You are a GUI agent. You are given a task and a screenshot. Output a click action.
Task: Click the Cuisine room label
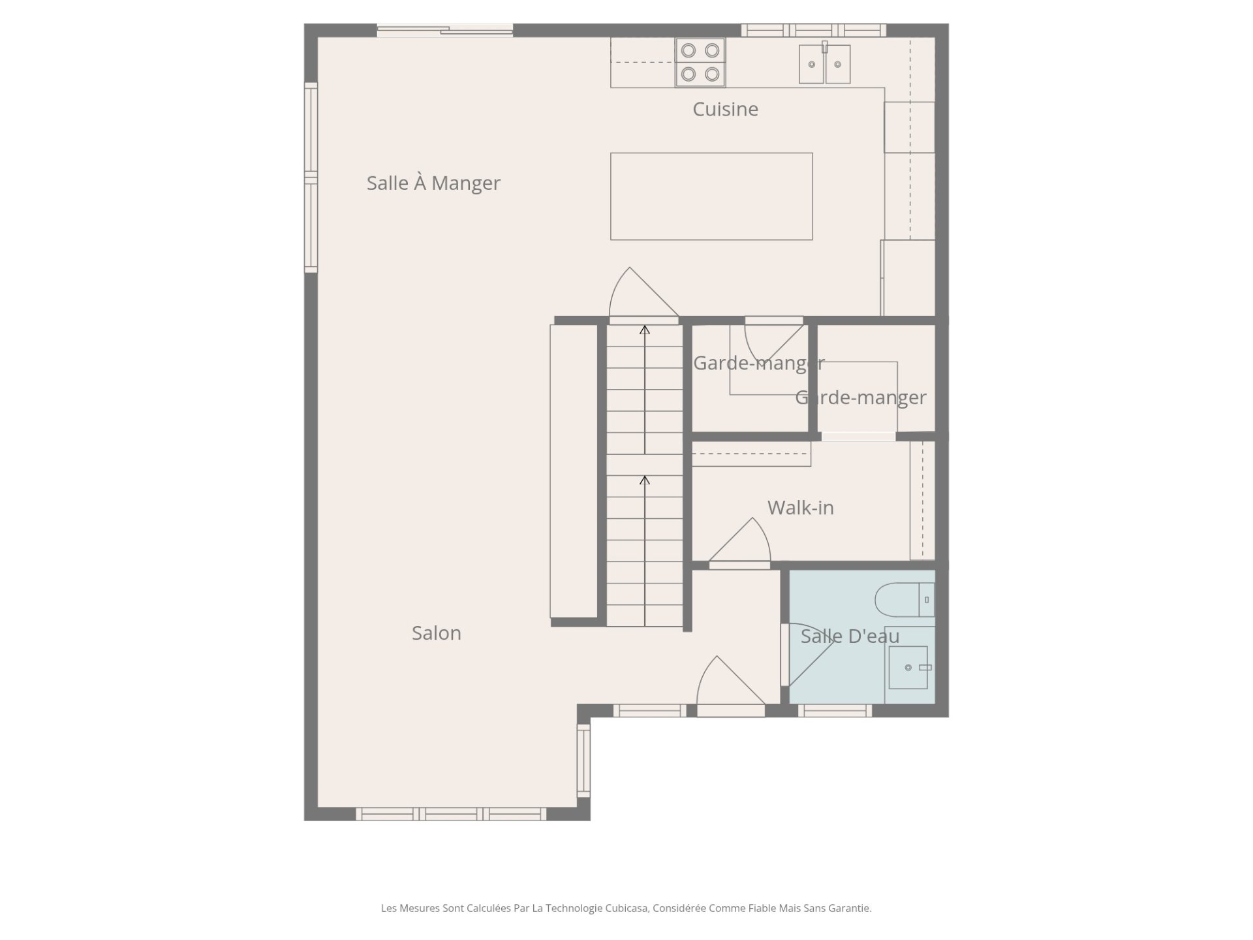pos(725,109)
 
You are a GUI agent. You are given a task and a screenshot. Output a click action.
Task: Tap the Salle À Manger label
pos(433,183)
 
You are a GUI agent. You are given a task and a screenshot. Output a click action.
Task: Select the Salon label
pos(436,633)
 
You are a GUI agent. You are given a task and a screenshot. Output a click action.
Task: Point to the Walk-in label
pos(800,508)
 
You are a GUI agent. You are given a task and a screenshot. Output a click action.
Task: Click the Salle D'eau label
pos(850,636)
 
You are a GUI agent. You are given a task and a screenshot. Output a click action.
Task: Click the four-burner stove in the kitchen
pos(700,63)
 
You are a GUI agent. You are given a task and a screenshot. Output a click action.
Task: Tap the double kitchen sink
pos(825,63)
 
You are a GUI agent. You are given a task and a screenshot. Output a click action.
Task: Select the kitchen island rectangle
pos(711,196)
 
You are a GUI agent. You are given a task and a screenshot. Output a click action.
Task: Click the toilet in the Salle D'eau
pos(905,599)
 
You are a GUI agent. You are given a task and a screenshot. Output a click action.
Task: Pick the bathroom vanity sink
pos(908,667)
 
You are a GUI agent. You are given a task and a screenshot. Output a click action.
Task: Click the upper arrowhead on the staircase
pos(645,330)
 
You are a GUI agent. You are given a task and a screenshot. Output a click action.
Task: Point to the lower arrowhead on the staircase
pos(645,480)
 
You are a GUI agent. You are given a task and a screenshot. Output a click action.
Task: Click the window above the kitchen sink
pos(813,30)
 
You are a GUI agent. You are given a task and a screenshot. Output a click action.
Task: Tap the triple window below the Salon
pos(451,814)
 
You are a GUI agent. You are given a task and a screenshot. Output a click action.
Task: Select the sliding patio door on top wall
pos(445,30)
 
